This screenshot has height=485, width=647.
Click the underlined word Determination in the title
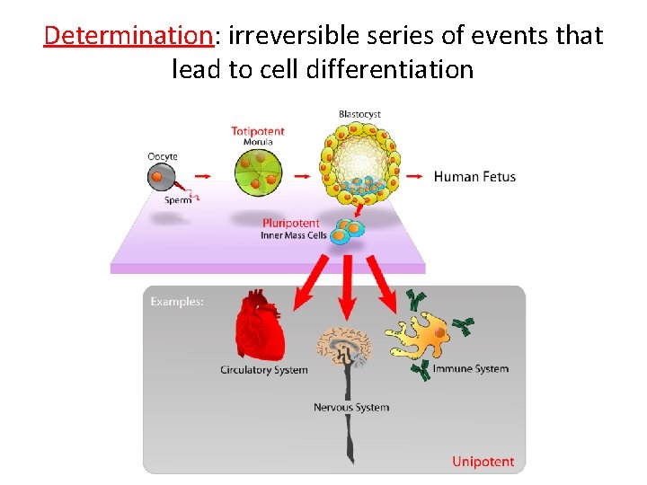click(x=127, y=36)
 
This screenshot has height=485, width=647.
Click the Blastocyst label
click(x=359, y=114)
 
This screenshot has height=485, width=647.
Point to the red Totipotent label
click(x=258, y=131)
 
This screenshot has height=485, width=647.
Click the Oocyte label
click(x=163, y=156)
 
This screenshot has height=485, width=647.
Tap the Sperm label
click(x=177, y=200)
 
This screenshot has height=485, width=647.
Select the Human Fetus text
click(x=474, y=176)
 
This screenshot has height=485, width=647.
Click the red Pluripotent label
click(x=290, y=223)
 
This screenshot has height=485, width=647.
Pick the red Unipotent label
click(x=483, y=462)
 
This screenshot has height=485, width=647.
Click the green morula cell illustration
click(x=257, y=172)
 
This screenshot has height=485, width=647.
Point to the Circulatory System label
click(x=263, y=370)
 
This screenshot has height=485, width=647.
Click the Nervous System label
click(x=350, y=408)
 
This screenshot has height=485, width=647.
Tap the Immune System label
click(x=470, y=369)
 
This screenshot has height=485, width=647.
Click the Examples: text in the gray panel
click(x=177, y=302)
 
